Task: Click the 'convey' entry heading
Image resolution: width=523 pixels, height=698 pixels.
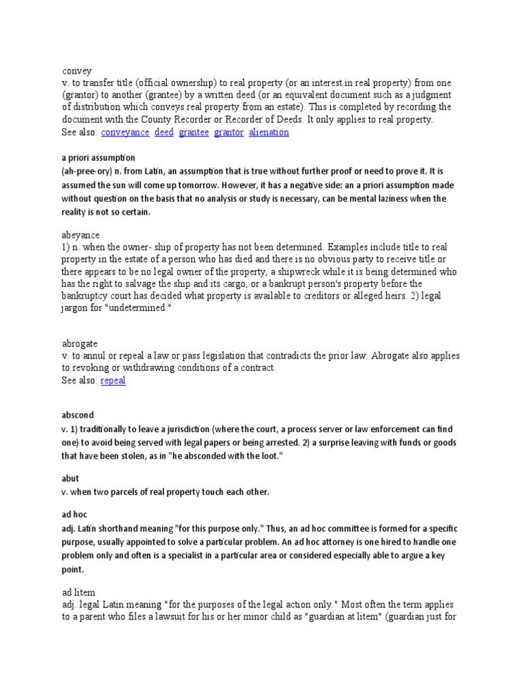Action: [76, 70]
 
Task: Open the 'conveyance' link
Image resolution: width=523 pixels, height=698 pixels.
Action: [125, 132]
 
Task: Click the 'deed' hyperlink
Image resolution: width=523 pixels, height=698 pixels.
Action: [164, 132]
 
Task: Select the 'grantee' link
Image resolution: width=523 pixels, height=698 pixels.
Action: [193, 132]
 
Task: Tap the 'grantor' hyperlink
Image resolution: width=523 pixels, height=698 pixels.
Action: [228, 132]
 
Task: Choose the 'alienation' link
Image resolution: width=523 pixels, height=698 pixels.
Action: [269, 132]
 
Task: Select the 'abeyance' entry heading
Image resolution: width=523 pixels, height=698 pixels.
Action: [80, 234]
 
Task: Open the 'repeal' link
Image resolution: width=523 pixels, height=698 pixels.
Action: [113, 381]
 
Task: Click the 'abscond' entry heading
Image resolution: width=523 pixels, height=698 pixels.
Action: [78, 414]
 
